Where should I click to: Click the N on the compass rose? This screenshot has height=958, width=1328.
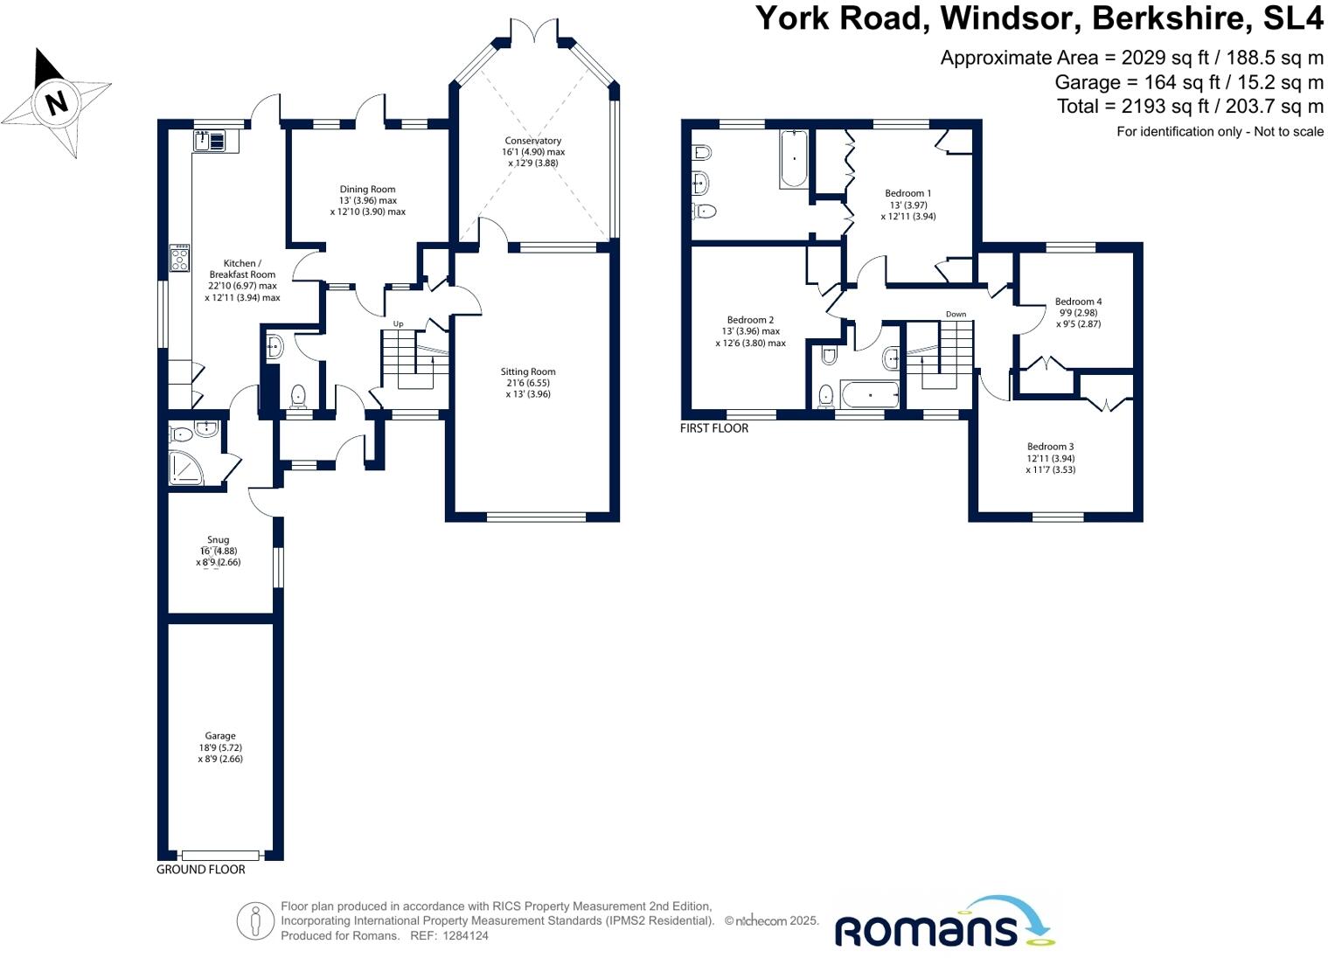coord(56,103)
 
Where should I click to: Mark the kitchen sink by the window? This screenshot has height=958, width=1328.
coord(210,140)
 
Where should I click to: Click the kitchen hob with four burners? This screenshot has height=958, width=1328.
coord(179,258)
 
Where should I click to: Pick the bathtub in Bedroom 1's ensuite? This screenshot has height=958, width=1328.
coord(794,158)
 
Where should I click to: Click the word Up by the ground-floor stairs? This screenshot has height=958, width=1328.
coord(398,324)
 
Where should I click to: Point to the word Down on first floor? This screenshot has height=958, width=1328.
coord(956,314)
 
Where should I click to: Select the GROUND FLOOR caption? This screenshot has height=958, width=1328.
coord(200,870)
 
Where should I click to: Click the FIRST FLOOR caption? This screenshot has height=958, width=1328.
coord(714,428)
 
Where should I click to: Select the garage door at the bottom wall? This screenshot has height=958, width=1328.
coord(220,856)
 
